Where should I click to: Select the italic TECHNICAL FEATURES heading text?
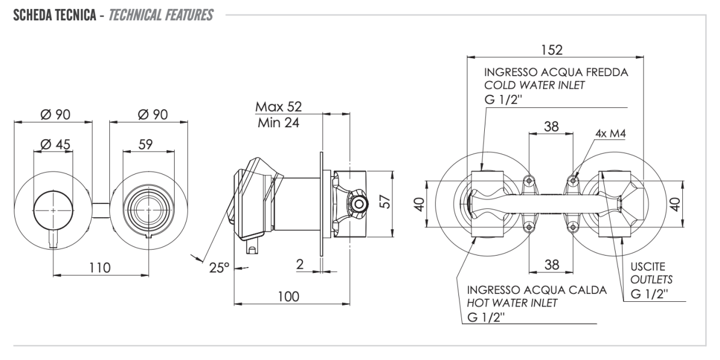[158, 14]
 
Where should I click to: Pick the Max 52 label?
[278, 107]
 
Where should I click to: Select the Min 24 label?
[278, 123]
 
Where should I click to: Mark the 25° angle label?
[219, 267]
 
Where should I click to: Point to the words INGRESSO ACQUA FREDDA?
[556, 72]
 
